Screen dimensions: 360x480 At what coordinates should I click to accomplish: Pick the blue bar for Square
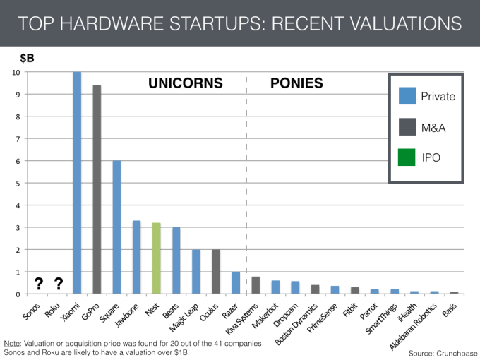click(117, 227)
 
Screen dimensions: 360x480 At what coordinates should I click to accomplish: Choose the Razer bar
click(236, 282)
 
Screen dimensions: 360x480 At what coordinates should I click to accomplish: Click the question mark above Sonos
click(37, 284)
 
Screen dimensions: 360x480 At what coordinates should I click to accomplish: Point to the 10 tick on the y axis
click(16, 73)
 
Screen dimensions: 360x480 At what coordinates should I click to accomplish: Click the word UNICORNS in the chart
click(185, 83)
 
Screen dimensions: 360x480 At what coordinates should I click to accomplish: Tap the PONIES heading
click(296, 83)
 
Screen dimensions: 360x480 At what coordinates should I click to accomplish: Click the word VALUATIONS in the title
click(396, 23)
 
